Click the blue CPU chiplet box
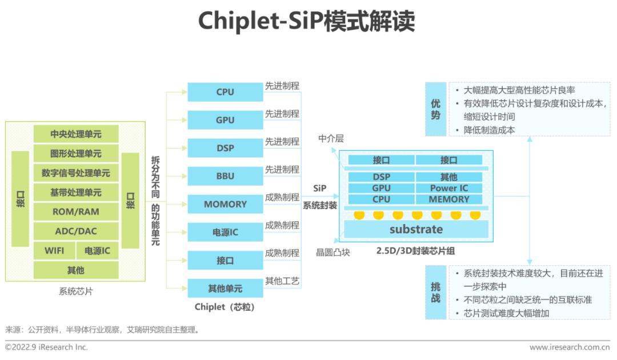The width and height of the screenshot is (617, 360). pos(225,91)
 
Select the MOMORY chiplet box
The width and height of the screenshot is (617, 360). pos(225,204)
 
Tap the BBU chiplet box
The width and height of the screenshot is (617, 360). pos(225,176)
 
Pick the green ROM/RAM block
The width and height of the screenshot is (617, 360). pos(76,211)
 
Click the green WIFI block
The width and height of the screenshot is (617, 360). pos(54,251)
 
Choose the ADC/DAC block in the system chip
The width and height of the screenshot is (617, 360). pos(76,231)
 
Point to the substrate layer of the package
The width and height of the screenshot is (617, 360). pos(416,229)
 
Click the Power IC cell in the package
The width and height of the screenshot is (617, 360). pos(449,188)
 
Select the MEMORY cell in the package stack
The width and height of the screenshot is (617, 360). pos(449,199)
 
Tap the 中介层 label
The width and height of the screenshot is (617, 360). pos(331,138)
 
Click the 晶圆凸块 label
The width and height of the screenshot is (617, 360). pos(333,252)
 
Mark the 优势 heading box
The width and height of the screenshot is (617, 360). pos(435,109)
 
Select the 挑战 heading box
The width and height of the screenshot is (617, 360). pos(435,293)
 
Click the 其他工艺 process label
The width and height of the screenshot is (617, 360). pos(282,281)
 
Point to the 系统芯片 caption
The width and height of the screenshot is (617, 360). pos(76,291)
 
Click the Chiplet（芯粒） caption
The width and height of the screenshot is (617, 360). pos(225,307)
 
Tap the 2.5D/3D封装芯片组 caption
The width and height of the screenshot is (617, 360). pos(415,251)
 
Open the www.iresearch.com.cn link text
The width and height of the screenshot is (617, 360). pos(570,347)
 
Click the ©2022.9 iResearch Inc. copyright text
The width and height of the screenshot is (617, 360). pos(46,347)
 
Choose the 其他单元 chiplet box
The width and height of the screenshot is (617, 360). pos(225,289)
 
